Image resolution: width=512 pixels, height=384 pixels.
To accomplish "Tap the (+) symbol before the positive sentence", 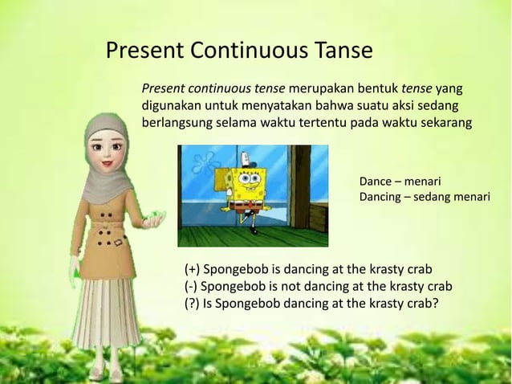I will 193,269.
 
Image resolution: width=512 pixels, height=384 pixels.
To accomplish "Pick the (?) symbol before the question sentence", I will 193,303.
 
